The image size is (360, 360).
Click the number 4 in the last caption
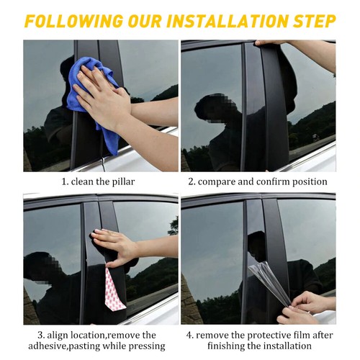[189, 335]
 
